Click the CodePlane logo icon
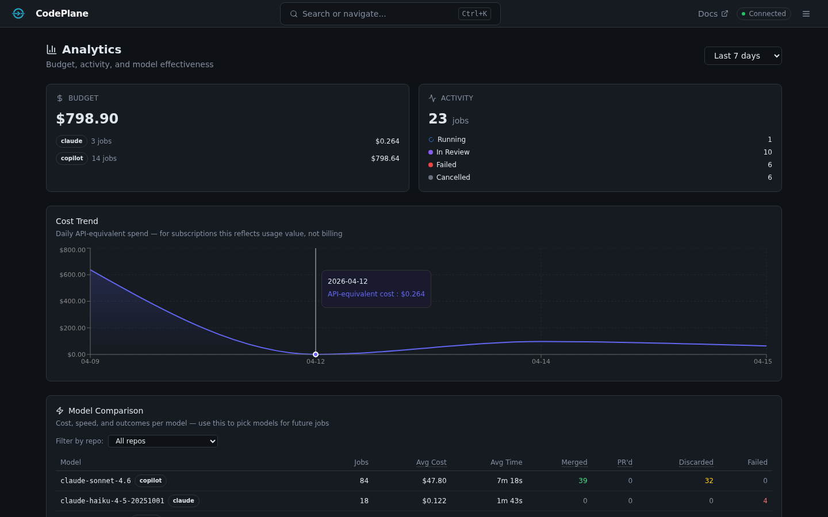18,14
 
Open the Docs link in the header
712,14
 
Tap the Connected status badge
764,14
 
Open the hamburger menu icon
806,14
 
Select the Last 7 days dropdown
742,56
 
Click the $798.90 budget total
87,119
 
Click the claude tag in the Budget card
71,141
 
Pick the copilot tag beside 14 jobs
72,159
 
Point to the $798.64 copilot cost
385,159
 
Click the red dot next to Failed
431,165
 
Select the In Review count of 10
767,152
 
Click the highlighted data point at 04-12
316,354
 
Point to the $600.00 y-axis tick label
72,275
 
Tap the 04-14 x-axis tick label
540,361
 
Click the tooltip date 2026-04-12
347,281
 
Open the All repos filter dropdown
163,441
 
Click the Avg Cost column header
431,462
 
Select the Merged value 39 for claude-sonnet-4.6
582,481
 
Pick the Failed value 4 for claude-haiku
765,501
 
